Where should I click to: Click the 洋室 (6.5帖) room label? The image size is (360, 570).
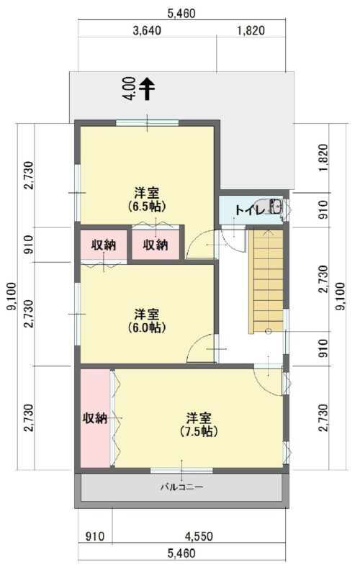(147, 199)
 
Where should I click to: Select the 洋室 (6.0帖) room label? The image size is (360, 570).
(147, 321)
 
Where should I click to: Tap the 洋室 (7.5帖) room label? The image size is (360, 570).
(199, 425)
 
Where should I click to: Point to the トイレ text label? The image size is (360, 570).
(248, 210)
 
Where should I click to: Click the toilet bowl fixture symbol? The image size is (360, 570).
(276, 209)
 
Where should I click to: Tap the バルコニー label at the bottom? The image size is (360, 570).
(181, 487)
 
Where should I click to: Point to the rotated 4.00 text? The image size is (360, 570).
(129, 89)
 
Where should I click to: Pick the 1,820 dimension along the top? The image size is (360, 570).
(251, 30)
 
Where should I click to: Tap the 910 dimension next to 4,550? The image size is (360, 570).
(94, 536)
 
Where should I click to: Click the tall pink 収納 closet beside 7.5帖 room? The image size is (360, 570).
(95, 418)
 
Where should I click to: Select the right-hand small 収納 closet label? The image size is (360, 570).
(156, 245)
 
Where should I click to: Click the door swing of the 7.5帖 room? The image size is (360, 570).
(269, 378)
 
